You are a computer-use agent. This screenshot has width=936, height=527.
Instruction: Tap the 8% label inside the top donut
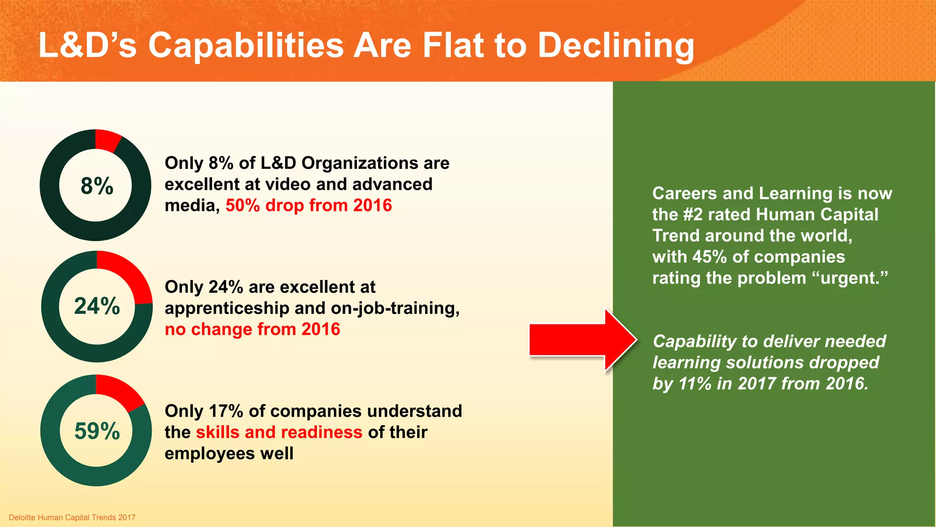point(97,186)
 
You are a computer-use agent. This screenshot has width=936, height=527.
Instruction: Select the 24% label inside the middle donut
point(97,306)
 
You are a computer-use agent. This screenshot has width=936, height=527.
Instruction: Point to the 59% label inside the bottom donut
point(97,431)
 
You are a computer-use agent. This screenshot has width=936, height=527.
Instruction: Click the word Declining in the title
point(616,46)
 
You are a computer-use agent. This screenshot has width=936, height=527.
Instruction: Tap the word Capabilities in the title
point(246,46)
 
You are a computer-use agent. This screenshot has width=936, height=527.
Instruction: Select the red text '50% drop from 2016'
point(308,205)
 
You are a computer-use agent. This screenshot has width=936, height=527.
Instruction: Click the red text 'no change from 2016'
point(252,329)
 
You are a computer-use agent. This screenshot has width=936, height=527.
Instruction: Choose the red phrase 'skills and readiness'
point(279,432)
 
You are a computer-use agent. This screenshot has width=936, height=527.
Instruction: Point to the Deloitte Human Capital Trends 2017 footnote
point(72,517)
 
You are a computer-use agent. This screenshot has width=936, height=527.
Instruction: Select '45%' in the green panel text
point(709,257)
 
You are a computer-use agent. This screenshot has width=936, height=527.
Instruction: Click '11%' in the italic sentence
point(695,383)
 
